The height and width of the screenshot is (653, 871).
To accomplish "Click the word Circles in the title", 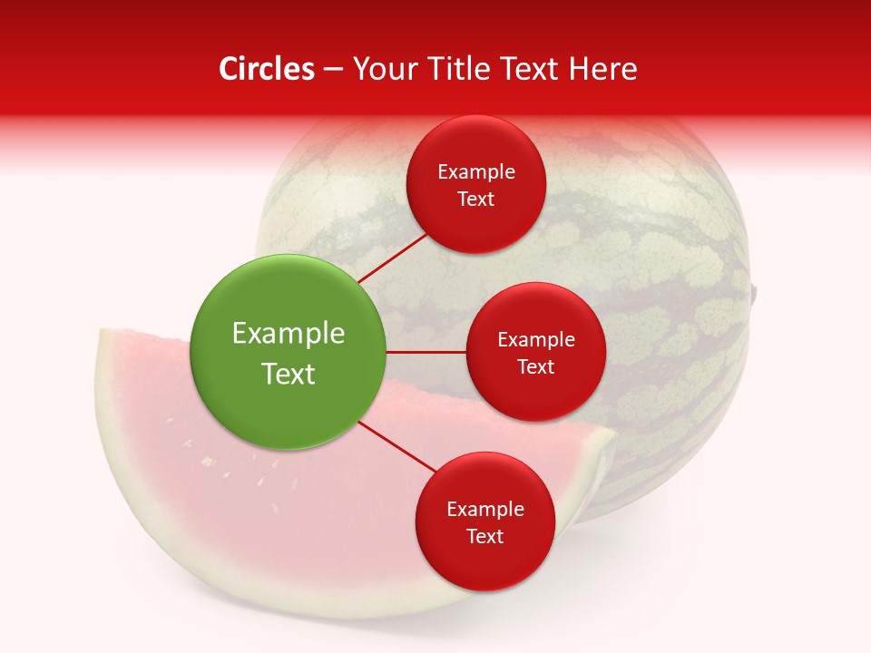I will click(x=267, y=69).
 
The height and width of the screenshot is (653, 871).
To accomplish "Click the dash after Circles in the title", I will click(x=333, y=70).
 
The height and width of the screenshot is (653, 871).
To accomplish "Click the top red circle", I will click(x=475, y=184).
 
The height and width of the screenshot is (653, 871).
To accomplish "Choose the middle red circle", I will click(x=535, y=352).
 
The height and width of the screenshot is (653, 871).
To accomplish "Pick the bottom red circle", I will click(x=484, y=521).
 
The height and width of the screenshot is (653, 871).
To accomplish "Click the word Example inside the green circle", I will click(x=289, y=333).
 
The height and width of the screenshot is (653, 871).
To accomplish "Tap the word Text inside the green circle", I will click(x=289, y=374).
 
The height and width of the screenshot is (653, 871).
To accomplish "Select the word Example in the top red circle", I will click(x=475, y=171).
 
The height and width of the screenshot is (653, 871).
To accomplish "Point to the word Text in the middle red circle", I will click(x=535, y=366).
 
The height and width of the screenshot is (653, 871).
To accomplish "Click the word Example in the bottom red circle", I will click(x=484, y=509).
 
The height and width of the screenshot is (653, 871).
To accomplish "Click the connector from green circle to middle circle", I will click(x=426, y=352).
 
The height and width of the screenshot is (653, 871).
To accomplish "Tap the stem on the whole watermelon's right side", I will click(x=754, y=291).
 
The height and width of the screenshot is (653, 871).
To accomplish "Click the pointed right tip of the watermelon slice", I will click(x=612, y=441).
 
